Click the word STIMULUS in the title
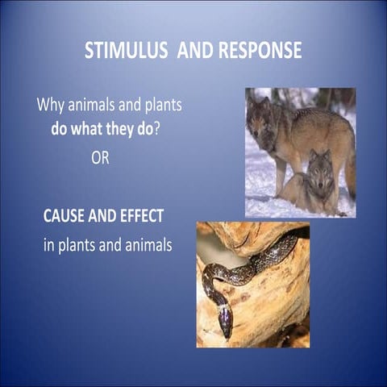pyautogui.click(x=122, y=51)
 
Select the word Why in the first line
pyautogui.click(x=50, y=106)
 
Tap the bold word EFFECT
pyautogui.click(x=141, y=216)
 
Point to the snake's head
pyautogui.click(x=225, y=323)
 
